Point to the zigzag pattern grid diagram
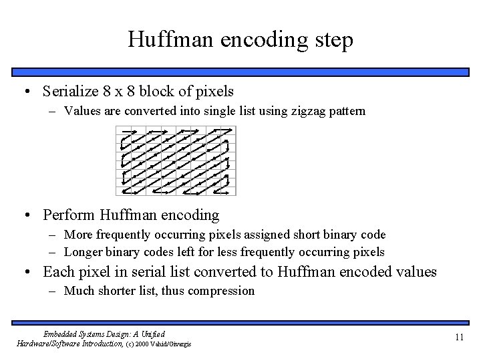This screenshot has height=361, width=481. pos(176,161)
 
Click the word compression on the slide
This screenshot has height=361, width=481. pos(221,291)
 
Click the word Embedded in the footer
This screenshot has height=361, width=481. pos(63,334)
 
